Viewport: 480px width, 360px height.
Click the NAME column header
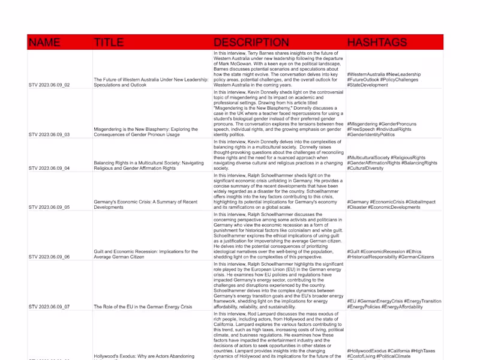[x=44, y=43]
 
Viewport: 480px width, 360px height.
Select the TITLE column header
[x=109, y=43]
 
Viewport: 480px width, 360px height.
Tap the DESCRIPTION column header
[x=251, y=43]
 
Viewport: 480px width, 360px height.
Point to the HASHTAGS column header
[x=377, y=43]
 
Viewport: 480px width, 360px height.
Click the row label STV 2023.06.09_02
[x=49, y=85]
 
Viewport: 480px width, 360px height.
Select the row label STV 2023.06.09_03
[x=49, y=135]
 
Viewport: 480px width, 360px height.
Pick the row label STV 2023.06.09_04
[x=49, y=169]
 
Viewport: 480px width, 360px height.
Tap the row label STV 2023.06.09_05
[x=49, y=207]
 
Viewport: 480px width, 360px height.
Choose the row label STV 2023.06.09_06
[x=49, y=257]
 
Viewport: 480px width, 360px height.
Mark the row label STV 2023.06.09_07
[x=49, y=307]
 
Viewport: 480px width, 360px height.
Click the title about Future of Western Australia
[x=151, y=82]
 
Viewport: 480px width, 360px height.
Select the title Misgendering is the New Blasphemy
[x=150, y=132]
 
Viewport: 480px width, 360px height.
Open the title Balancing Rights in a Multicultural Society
[x=151, y=166]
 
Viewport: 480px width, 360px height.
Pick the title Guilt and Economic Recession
[x=146, y=254]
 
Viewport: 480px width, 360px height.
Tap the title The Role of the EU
[x=143, y=307]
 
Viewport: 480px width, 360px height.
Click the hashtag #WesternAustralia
[x=366, y=74]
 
